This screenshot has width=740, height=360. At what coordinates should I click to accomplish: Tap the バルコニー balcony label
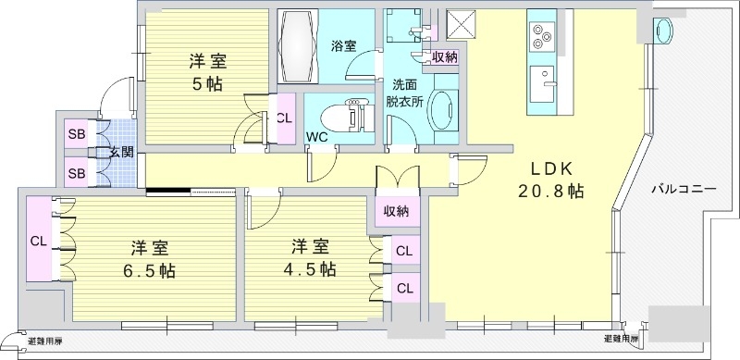pos(684,188)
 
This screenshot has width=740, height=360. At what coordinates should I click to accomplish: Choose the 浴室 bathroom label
pos(343,46)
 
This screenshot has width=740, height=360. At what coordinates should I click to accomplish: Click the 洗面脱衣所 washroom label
pos(404,93)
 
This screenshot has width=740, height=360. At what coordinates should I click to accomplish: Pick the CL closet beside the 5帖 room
pos(285,118)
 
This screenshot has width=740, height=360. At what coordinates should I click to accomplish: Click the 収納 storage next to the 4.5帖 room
pos(397,212)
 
